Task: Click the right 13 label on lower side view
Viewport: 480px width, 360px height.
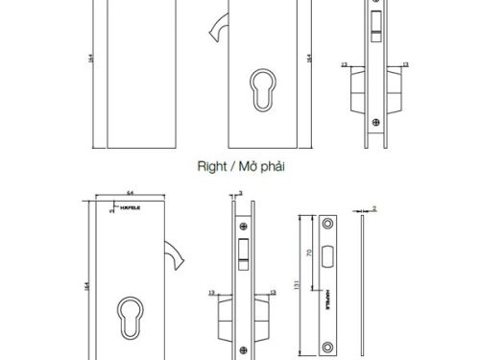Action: (278, 291)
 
